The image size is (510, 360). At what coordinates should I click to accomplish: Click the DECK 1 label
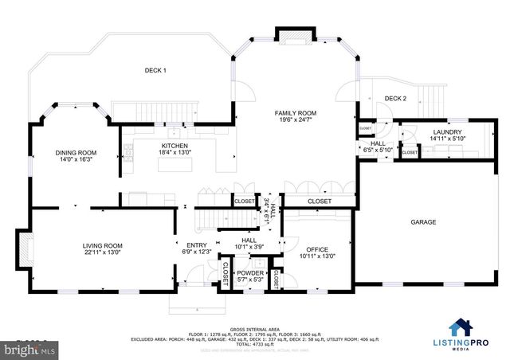pyautogui.click(x=155, y=71)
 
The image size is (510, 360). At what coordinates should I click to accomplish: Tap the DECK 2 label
pyautogui.click(x=395, y=98)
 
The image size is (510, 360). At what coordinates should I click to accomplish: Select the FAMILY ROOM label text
pyautogui.click(x=296, y=113)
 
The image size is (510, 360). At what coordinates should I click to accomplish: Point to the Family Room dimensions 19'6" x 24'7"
pyautogui.click(x=296, y=121)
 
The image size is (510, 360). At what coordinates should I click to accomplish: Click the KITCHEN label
pyautogui.click(x=175, y=146)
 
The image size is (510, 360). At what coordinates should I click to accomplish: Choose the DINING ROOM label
pyautogui.click(x=76, y=152)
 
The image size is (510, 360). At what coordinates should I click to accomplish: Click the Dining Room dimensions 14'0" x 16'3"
pyautogui.click(x=76, y=160)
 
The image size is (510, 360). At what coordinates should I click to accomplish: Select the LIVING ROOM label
pyautogui.click(x=103, y=245)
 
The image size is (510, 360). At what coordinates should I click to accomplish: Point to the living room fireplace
pyautogui.click(x=25, y=248)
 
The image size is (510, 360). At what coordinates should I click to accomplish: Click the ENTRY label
pyautogui.click(x=196, y=245)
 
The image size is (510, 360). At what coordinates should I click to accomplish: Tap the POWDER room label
pyautogui.click(x=250, y=272)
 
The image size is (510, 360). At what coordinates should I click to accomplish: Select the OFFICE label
pyautogui.click(x=316, y=248)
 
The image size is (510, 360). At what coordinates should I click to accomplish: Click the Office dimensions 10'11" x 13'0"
pyautogui.click(x=316, y=256)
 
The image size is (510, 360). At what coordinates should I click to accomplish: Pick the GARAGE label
pyautogui.click(x=423, y=222)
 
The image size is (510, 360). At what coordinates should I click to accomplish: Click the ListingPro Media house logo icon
pyautogui.click(x=460, y=327)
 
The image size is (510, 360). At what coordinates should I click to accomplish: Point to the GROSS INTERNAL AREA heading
pyautogui.click(x=254, y=328)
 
